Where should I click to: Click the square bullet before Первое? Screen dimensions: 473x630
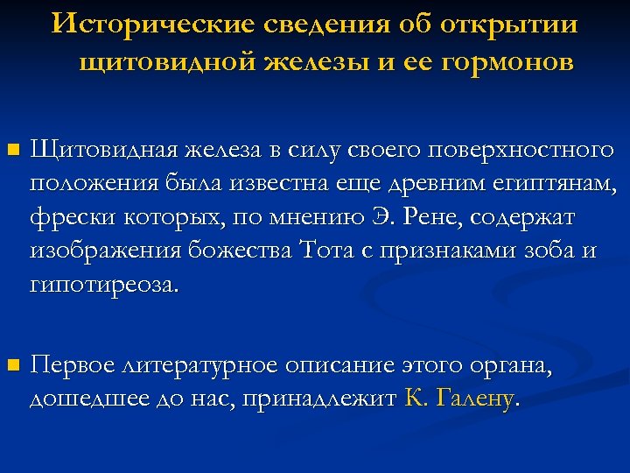11,364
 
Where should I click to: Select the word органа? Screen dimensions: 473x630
510,364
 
